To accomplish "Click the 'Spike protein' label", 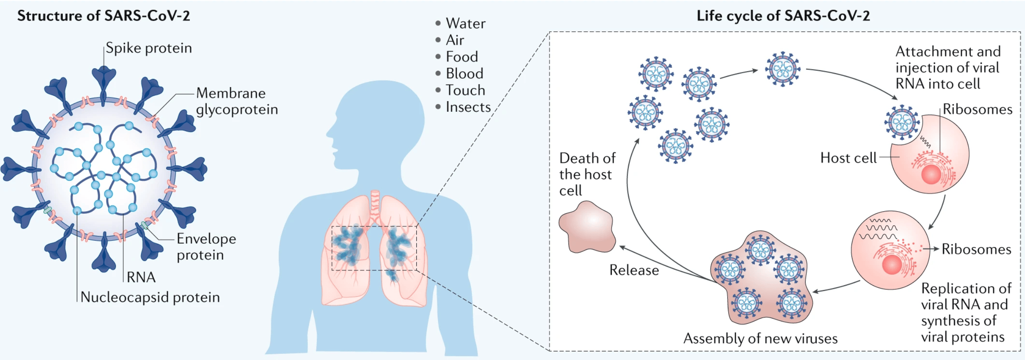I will pyautogui.click(x=148, y=48).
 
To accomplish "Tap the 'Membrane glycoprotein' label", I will pyautogui.click(x=236, y=101).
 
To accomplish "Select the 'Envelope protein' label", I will pyautogui.click(x=206, y=247).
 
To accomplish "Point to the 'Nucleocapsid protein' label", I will pyautogui.click(x=150, y=297).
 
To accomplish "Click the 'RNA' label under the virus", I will pyautogui.click(x=141, y=277).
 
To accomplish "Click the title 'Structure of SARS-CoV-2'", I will pyautogui.click(x=103, y=16).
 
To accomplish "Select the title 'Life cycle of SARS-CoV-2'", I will pyautogui.click(x=783, y=16).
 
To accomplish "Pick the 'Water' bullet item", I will pyautogui.click(x=465, y=23).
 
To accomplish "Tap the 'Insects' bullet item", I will pyautogui.click(x=468, y=107).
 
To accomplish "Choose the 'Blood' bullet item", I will pyautogui.click(x=464, y=74).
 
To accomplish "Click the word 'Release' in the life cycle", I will pyautogui.click(x=634, y=270).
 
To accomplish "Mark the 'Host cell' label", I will pyautogui.click(x=848, y=158).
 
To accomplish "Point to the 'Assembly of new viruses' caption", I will pyautogui.click(x=760, y=338).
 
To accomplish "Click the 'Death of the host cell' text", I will pyautogui.click(x=587, y=174).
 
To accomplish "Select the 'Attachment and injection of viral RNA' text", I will pyautogui.click(x=948, y=68).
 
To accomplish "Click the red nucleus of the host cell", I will pyautogui.click(x=931, y=174).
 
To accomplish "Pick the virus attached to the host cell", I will pyautogui.click(x=902, y=122).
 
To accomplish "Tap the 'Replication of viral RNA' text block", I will pyautogui.click(x=965, y=312).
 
